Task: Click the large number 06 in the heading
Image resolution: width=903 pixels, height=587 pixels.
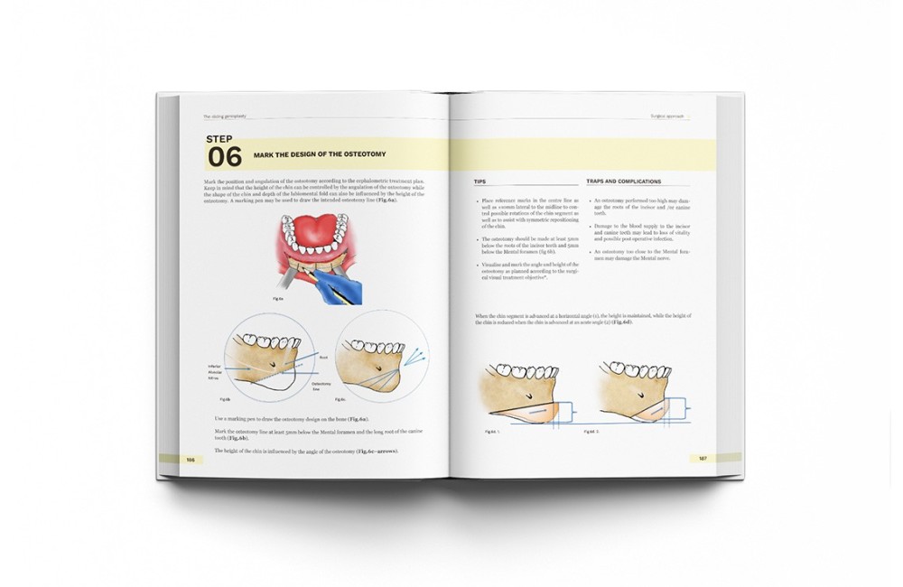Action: (x=225, y=157)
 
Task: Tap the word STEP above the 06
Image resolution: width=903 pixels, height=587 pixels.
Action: (x=219, y=139)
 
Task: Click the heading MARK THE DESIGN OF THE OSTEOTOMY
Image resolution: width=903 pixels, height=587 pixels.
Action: (x=320, y=154)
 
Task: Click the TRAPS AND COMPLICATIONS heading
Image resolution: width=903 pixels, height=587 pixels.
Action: (x=623, y=182)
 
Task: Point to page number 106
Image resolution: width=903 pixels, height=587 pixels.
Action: (x=191, y=459)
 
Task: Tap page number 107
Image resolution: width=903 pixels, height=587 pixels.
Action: (x=703, y=458)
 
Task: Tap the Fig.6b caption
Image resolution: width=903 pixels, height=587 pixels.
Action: (x=225, y=397)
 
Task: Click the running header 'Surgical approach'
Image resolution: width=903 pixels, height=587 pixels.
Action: (x=669, y=117)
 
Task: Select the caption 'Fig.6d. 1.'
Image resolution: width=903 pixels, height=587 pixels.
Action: (x=492, y=432)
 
